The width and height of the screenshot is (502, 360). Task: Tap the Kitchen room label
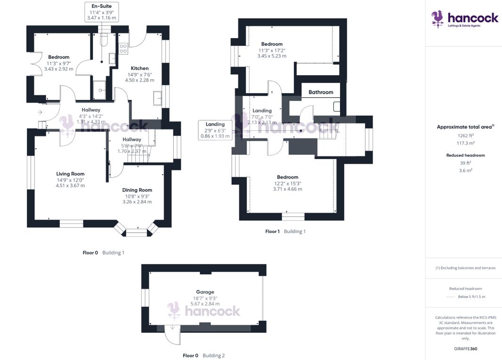coord(139,68)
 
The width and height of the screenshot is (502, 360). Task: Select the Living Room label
coord(71,174)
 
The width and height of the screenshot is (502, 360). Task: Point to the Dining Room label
coord(137,190)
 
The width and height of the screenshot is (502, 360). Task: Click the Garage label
coord(205,292)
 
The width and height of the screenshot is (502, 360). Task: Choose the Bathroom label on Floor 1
coord(321,92)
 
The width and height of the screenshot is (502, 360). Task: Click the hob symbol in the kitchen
coord(123,48)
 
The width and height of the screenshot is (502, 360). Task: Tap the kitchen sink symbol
coord(157,98)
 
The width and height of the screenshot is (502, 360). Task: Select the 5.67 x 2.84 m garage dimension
coord(205,304)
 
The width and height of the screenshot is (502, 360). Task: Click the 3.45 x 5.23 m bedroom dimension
coord(272,56)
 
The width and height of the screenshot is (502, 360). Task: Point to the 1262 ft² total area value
coord(465,136)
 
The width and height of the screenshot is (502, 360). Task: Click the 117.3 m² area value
coord(465,143)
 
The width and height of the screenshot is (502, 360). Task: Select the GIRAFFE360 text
coord(465,349)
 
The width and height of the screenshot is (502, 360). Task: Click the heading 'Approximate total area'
coord(464,127)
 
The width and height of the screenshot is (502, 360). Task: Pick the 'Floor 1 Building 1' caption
coord(285,232)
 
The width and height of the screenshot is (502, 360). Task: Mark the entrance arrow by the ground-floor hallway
coord(40,112)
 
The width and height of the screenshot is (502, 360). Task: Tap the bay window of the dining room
coord(137,231)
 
